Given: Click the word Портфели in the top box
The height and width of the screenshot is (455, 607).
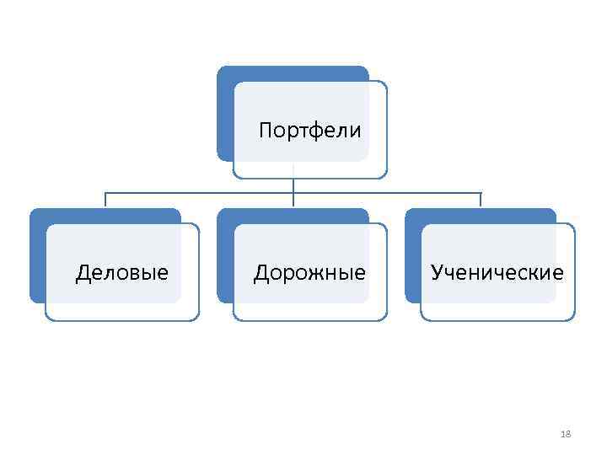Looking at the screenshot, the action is [x=309, y=131].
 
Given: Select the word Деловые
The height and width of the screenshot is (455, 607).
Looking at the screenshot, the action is [x=121, y=272].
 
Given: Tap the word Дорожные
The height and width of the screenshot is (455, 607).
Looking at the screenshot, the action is [x=309, y=272].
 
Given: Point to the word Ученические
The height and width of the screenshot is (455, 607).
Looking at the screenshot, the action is [x=497, y=272].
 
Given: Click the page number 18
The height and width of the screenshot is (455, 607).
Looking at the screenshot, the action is [x=566, y=434].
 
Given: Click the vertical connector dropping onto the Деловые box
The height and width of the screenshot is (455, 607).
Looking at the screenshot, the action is [x=105, y=200].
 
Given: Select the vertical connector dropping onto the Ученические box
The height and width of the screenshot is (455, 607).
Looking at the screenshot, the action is [x=481, y=200].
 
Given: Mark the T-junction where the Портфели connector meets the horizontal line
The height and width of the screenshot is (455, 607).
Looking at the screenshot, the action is [x=293, y=193].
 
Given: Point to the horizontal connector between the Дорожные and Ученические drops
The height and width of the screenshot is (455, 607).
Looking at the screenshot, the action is [x=388, y=193].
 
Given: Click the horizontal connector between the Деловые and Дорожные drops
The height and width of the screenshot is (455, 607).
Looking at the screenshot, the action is [x=199, y=193].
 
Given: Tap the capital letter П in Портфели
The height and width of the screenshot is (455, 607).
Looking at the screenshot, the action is [x=266, y=131].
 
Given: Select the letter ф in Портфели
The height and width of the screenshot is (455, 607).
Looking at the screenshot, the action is [x=309, y=131].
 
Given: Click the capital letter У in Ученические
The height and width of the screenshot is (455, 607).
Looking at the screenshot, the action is [x=437, y=272].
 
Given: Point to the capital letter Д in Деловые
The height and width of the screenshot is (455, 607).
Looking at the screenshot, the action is [x=83, y=272].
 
